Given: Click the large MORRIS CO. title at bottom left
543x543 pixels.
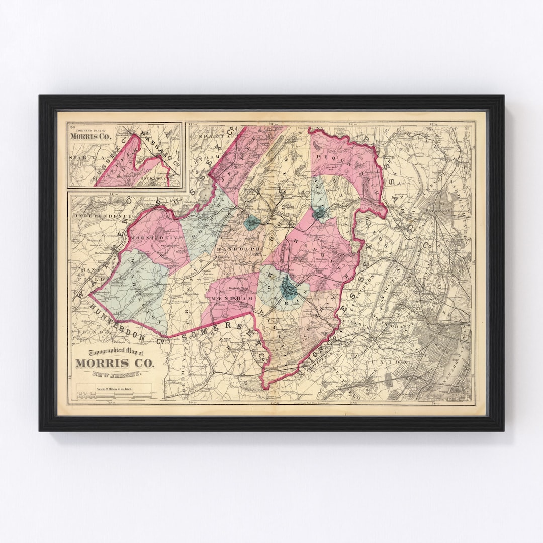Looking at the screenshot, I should pyautogui.click(x=116, y=363).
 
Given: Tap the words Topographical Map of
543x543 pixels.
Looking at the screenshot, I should pyautogui.click(x=116, y=352).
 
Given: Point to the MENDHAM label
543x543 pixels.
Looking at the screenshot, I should pyautogui.click(x=227, y=298).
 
